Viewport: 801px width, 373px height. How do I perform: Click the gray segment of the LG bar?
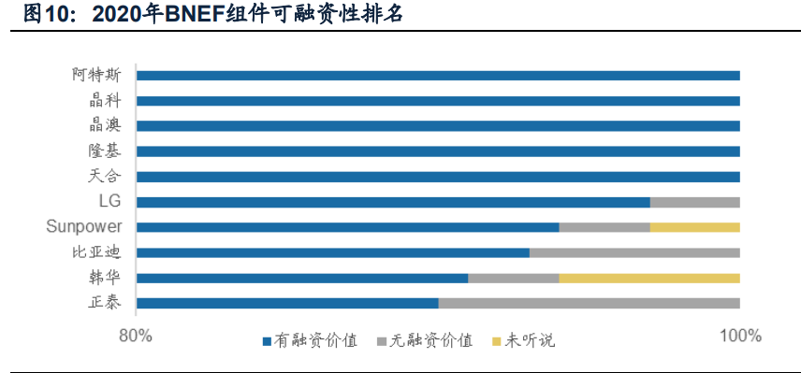(x=694, y=202)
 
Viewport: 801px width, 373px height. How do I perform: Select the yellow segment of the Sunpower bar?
(x=694, y=227)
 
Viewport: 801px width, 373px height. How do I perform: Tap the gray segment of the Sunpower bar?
(x=604, y=227)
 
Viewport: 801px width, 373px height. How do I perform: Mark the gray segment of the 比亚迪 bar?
(x=634, y=252)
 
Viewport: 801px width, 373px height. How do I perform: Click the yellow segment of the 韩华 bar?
(x=649, y=278)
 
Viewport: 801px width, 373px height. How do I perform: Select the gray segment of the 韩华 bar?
(x=513, y=278)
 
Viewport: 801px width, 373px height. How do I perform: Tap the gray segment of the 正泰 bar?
(x=590, y=303)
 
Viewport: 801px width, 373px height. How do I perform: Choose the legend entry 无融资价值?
(x=425, y=341)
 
